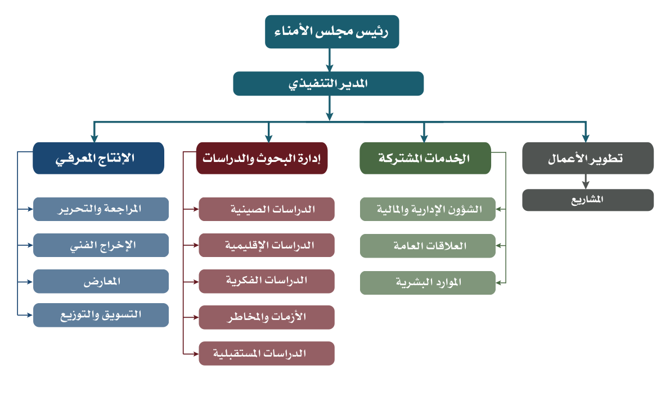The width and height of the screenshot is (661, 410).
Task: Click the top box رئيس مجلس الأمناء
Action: point(332,31)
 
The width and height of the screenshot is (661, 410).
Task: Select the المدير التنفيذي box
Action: point(329,83)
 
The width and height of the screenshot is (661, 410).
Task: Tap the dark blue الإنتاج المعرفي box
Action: point(98,158)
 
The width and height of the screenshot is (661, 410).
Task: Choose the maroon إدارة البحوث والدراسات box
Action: point(262,158)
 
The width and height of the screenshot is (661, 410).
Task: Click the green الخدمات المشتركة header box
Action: point(425,158)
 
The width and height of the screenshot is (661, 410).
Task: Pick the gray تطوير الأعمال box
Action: point(588,158)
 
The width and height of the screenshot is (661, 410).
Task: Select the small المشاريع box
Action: point(588,200)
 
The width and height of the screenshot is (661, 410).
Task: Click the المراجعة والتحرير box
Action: point(101,209)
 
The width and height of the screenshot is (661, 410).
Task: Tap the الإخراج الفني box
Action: point(101,245)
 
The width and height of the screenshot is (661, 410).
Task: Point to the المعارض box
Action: point(101,281)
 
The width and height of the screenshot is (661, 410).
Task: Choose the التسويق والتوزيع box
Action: point(101,315)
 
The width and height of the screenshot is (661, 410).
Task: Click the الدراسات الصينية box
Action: point(267,209)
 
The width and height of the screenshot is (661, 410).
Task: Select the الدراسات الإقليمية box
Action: point(267,245)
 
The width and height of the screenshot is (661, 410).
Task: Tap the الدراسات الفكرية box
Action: point(267,281)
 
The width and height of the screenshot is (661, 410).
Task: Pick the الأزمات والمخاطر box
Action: point(267,317)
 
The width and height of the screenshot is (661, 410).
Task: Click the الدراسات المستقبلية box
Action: point(267,354)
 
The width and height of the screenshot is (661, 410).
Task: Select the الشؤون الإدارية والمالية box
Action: point(428,209)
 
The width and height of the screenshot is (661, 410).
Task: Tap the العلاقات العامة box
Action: point(428,246)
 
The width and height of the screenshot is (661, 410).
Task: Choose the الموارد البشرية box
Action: point(428,283)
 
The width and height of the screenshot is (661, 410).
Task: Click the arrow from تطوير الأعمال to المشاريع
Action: point(585,182)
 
